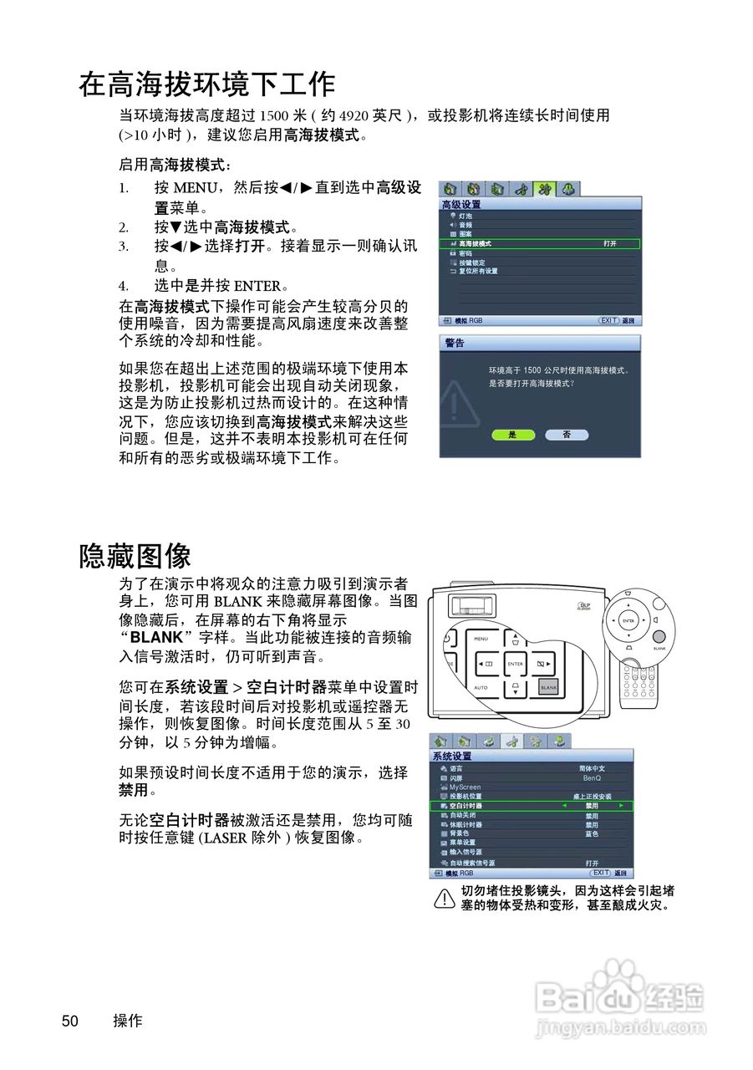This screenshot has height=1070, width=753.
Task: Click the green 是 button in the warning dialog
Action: point(512,435)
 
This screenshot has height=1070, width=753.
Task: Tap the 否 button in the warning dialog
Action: point(566,435)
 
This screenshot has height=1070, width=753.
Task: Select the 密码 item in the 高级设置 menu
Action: point(466,253)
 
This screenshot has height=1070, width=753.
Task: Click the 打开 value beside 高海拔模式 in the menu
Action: point(609,244)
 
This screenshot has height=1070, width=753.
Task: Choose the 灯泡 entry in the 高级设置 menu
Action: point(466,216)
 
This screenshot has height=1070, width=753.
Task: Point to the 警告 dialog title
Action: point(455,344)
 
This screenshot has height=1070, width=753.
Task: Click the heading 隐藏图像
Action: point(135,555)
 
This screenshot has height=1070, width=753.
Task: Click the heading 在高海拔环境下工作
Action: point(207,84)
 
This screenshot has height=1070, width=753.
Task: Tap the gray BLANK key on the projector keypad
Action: point(548,687)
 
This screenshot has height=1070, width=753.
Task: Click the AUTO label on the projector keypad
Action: point(481,687)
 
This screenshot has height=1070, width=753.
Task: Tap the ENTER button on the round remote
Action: point(628,621)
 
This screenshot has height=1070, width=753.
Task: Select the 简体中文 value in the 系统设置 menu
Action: point(592,768)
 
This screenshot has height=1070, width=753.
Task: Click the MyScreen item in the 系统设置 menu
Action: point(466,787)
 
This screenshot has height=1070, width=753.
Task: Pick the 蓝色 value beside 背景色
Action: point(592,833)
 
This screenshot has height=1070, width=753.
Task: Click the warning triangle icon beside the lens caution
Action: point(444,899)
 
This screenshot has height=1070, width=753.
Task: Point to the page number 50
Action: point(70,1021)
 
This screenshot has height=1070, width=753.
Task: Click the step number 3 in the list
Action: point(123,246)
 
